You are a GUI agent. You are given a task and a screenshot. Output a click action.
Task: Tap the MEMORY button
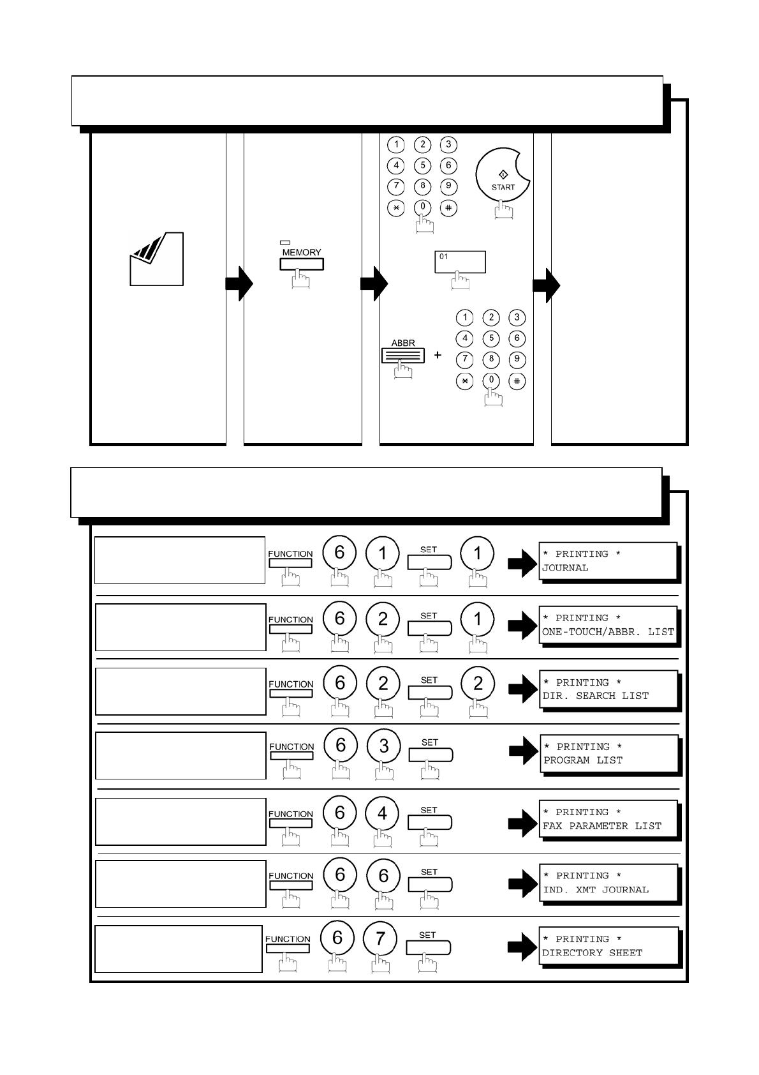(301, 264)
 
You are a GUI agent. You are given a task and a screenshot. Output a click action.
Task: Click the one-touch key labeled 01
(460, 262)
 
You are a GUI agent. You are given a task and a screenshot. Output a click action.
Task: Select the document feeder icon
(157, 259)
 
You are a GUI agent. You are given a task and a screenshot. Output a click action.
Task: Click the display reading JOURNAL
(607, 560)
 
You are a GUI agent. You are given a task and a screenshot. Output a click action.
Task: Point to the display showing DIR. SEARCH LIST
(608, 689)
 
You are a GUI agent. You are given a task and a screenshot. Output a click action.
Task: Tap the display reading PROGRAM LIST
(609, 753)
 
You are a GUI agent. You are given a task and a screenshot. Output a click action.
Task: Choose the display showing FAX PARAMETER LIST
(608, 819)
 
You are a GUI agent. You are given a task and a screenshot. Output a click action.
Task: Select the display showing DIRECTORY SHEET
(608, 945)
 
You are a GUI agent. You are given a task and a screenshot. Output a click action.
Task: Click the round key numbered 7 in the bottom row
(380, 938)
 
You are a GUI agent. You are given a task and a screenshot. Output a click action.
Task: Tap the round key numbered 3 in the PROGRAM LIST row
(383, 746)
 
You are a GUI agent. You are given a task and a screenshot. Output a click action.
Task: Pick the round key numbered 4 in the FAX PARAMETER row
(382, 813)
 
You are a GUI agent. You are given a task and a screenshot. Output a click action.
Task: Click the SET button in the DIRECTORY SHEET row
(428, 947)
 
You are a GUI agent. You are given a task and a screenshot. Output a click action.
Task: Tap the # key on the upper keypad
(448, 207)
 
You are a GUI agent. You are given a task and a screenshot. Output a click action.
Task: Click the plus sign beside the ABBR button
(438, 355)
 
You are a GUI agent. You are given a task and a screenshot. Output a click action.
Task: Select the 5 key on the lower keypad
(491, 338)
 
